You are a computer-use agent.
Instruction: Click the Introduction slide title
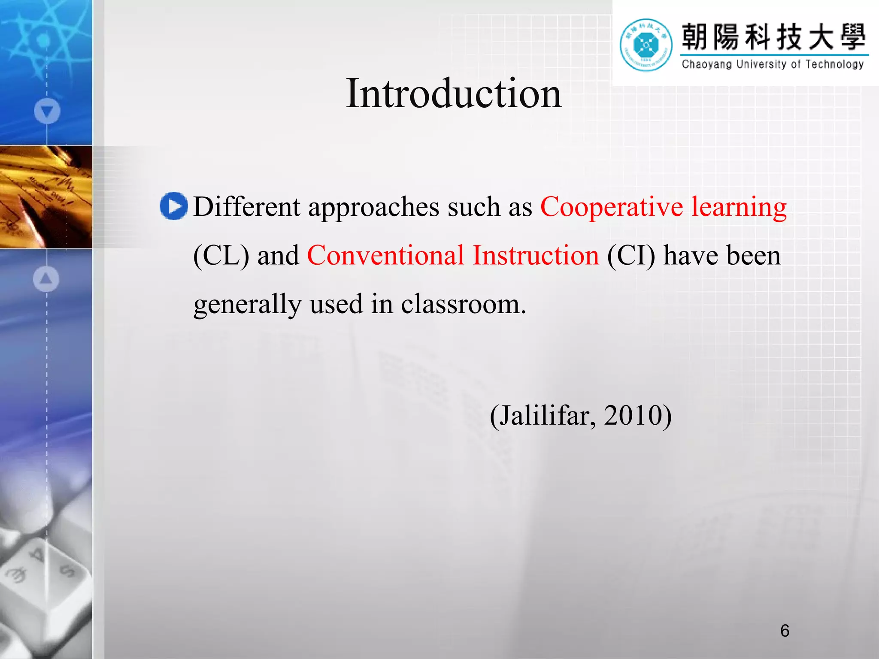click(x=454, y=94)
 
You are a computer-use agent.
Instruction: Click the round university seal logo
click(x=646, y=45)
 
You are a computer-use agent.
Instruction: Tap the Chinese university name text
click(x=774, y=37)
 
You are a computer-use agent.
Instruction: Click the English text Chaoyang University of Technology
click(x=773, y=64)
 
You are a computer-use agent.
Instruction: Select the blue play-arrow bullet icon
click(x=174, y=206)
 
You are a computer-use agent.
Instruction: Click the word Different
click(x=247, y=207)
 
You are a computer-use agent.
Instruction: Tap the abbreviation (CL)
click(x=221, y=256)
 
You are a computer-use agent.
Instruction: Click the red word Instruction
click(x=536, y=256)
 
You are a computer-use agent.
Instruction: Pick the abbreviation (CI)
click(x=631, y=256)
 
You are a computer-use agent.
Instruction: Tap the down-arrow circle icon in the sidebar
click(x=47, y=111)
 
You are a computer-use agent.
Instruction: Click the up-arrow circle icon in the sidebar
click(x=46, y=279)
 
